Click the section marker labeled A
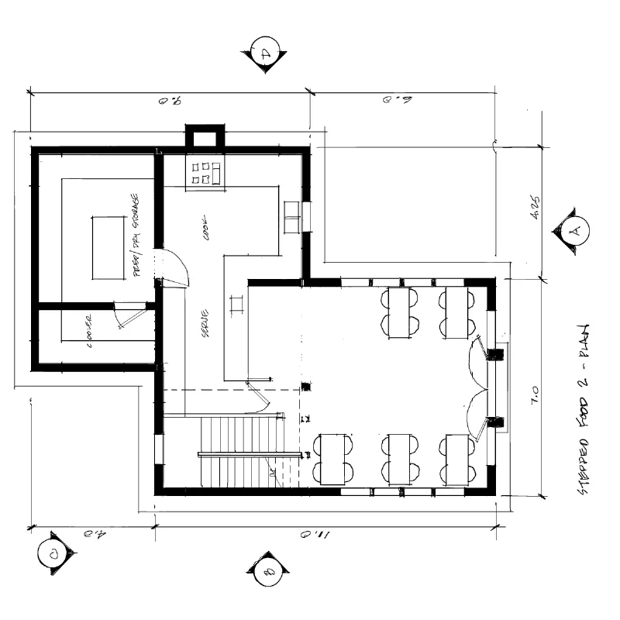click(x=574, y=230)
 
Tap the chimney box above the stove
click(x=205, y=138)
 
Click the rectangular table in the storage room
click(x=108, y=248)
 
